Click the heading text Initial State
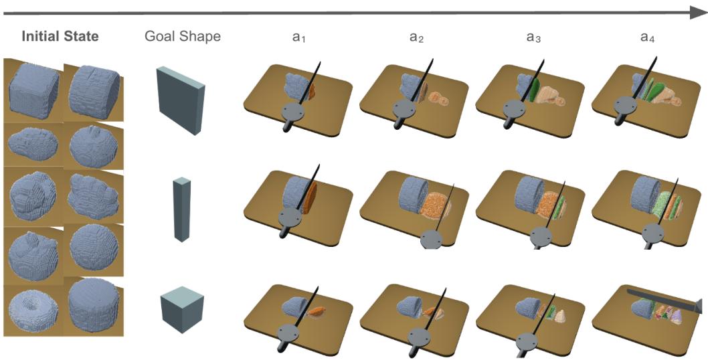point(60,36)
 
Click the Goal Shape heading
point(183,36)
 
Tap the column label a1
point(298,37)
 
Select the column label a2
point(416,37)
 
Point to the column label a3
point(533,37)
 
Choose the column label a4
point(648,37)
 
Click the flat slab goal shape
point(180,100)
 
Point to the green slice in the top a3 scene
point(535,90)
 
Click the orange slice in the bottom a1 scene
point(319,310)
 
